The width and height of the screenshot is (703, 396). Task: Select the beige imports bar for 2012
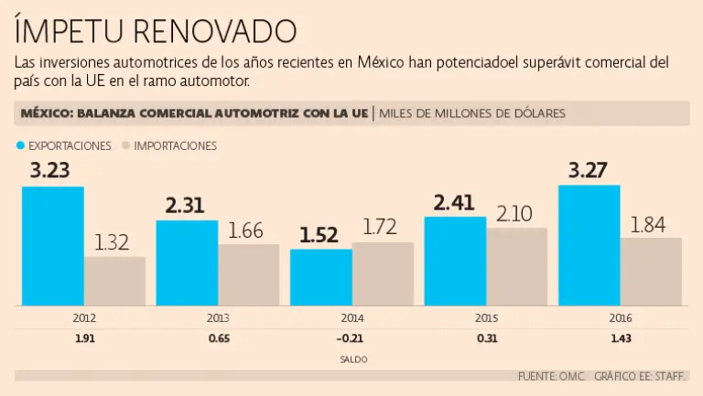pyautogui.click(x=114, y=281)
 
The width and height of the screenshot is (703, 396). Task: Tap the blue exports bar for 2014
pyautogui.click(x=320, y=277)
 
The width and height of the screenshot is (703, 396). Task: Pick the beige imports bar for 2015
pyautogui.click(x=516, y=266)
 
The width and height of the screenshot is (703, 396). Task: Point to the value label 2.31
pyautogui.click(x=187, y=205)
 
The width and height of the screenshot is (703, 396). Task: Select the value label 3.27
pyautogui.click(x=589, y=170)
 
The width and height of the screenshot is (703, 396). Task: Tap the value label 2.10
pyautogui.click(x=517, y=212)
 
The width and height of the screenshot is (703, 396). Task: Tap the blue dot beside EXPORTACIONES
pyautogui.click(x=20, y=145)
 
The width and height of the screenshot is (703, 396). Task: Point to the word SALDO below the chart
pyautogui.click(x=352, y=359)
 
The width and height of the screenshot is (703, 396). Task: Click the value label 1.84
pyautogui.click(x=648, y=223)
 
